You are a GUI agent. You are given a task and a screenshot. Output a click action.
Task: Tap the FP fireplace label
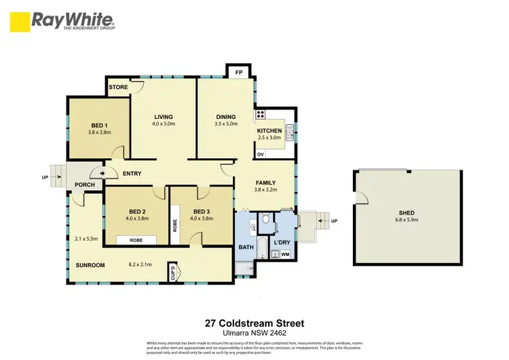pos(238,71)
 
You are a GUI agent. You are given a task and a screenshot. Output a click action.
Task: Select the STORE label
pos(119,87)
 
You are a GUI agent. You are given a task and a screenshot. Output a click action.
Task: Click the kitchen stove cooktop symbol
pos(261,115)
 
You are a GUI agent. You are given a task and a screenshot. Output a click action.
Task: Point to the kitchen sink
pos(290,131)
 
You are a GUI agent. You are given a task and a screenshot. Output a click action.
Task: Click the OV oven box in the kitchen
pos(261,154)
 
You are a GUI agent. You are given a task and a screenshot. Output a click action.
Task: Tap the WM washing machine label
pos(285,254)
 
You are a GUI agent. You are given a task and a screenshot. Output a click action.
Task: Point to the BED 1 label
pos(100,125)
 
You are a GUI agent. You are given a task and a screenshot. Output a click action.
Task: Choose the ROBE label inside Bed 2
pos(136,240)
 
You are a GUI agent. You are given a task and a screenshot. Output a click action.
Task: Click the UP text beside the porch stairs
pos(45,178)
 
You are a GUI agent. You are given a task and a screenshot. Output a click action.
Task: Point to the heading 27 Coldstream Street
pos(254,323)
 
